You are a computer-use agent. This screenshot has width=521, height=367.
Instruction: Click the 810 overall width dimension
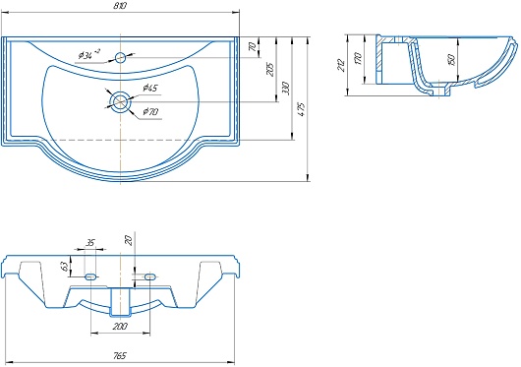[x=120, y=6]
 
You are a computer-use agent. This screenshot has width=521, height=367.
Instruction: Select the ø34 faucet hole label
[x=89, y=54]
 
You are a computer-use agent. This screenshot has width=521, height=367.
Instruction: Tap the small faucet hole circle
[x=120, y=58]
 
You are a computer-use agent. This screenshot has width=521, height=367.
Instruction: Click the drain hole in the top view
[x=120, y=100]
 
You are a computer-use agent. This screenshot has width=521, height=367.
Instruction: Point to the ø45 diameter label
[x=150, y=89]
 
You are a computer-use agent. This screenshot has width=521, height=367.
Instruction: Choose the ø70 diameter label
[x=150, y=111]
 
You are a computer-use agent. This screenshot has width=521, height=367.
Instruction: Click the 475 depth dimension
[x=302, y=109]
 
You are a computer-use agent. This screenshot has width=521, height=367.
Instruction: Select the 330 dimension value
[x=286, y=89]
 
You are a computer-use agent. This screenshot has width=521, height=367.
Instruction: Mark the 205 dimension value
[x=270, y=69]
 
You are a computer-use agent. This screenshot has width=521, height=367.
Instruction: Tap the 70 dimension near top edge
[x=254, y=46]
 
